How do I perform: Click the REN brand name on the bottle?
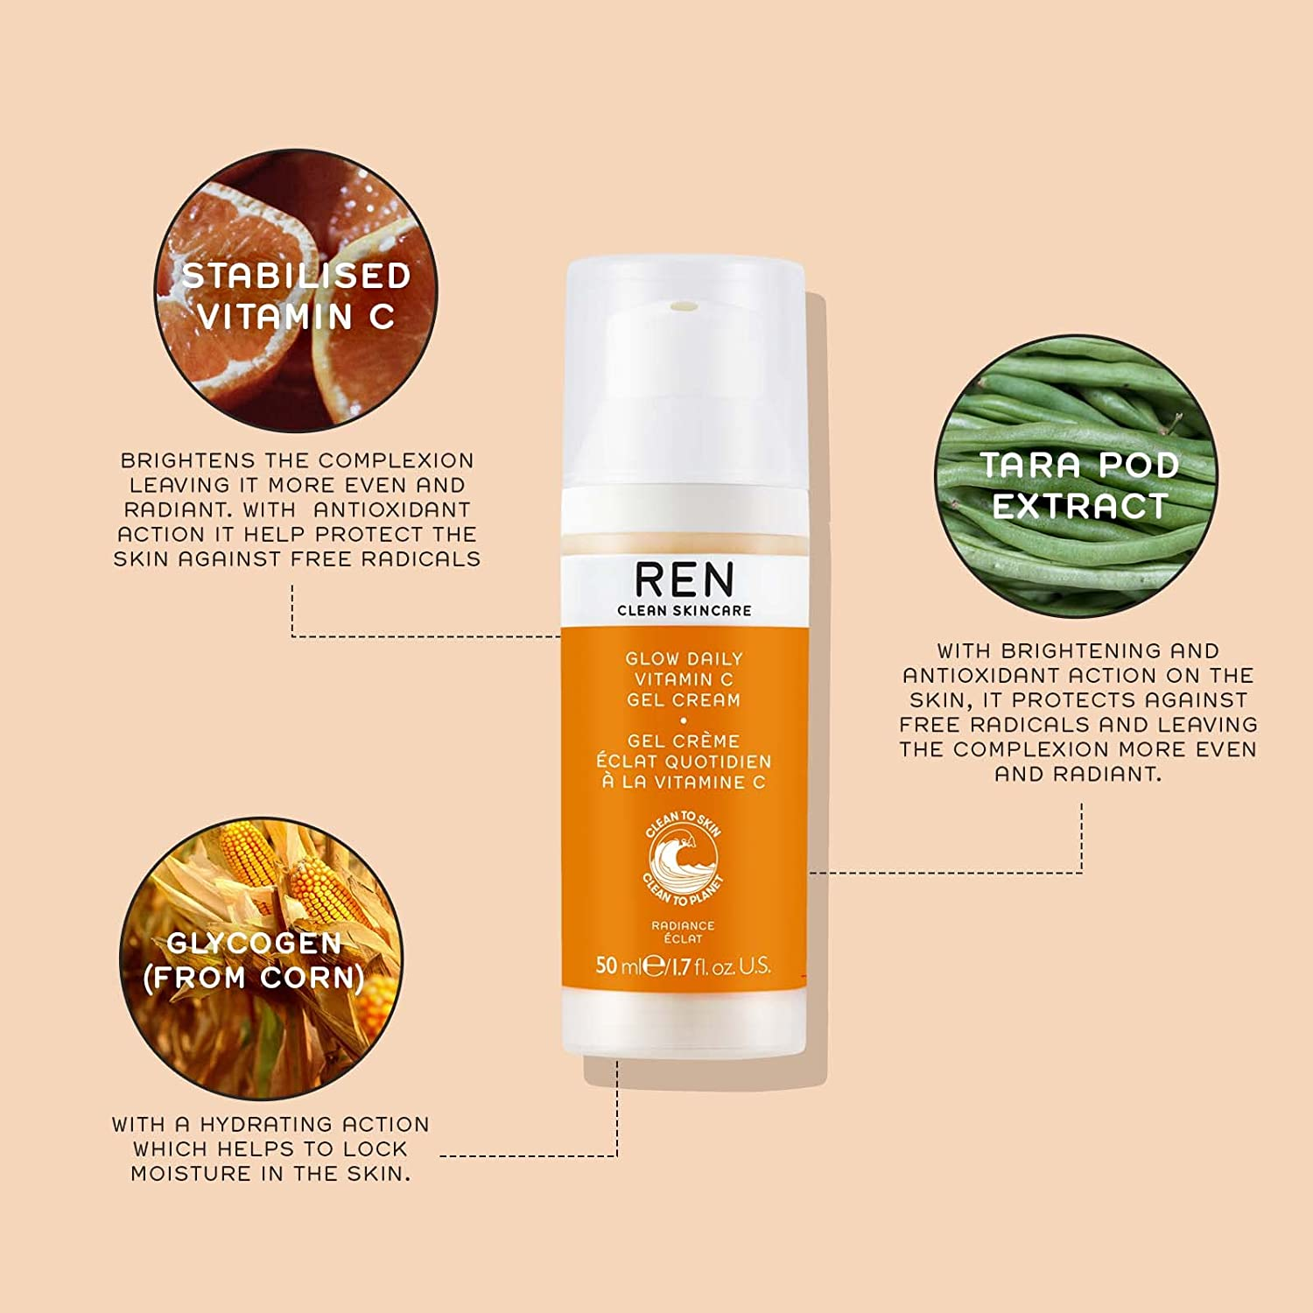click(685, 579)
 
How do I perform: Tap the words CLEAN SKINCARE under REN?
click(685, 610)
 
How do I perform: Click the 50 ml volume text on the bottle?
click(618, 966)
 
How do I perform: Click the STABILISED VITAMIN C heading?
click(296, 296)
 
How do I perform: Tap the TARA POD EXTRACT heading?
click(1079, 486)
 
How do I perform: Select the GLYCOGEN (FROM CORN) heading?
click(254, 960)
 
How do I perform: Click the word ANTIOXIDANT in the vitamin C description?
click(392, 509)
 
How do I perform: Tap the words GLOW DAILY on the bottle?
click(684, 658)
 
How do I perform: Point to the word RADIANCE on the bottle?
click(683, 925)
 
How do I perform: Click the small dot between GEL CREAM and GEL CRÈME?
click(684, 720)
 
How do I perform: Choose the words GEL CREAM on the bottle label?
click(684, 700)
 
